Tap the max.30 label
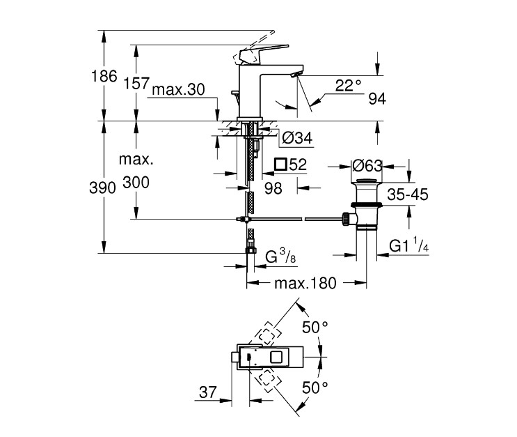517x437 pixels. click(178, 90)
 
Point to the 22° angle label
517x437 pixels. click(349, 85)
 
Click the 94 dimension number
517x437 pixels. click(376, 99)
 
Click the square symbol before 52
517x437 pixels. click(281, 165)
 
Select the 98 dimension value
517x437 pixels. click(273, 187)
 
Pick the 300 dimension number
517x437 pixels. click(136, 183)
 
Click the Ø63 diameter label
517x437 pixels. click(367, 167)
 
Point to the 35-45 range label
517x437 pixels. click(407, 195)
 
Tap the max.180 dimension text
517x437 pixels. click(305, 284)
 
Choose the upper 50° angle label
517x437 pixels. click(315, 327)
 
